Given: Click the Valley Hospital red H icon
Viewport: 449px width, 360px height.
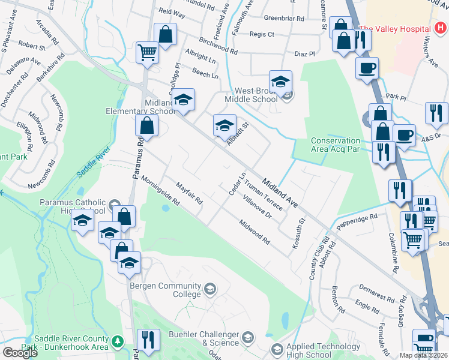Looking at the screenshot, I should tap(439, 29).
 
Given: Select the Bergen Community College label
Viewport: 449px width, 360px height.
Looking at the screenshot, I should tap(166, 290).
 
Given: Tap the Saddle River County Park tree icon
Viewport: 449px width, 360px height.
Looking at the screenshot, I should tap(118, 341).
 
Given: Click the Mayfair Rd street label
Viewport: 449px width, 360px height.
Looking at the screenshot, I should tap(189, 194).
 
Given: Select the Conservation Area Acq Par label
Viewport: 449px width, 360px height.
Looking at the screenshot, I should tap(335, 145).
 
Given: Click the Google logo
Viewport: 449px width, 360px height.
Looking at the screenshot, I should tap(20, 352).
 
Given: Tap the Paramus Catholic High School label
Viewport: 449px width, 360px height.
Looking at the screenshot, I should tap(73, 206).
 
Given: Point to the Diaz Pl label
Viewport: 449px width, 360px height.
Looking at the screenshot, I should tap(304, 53).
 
